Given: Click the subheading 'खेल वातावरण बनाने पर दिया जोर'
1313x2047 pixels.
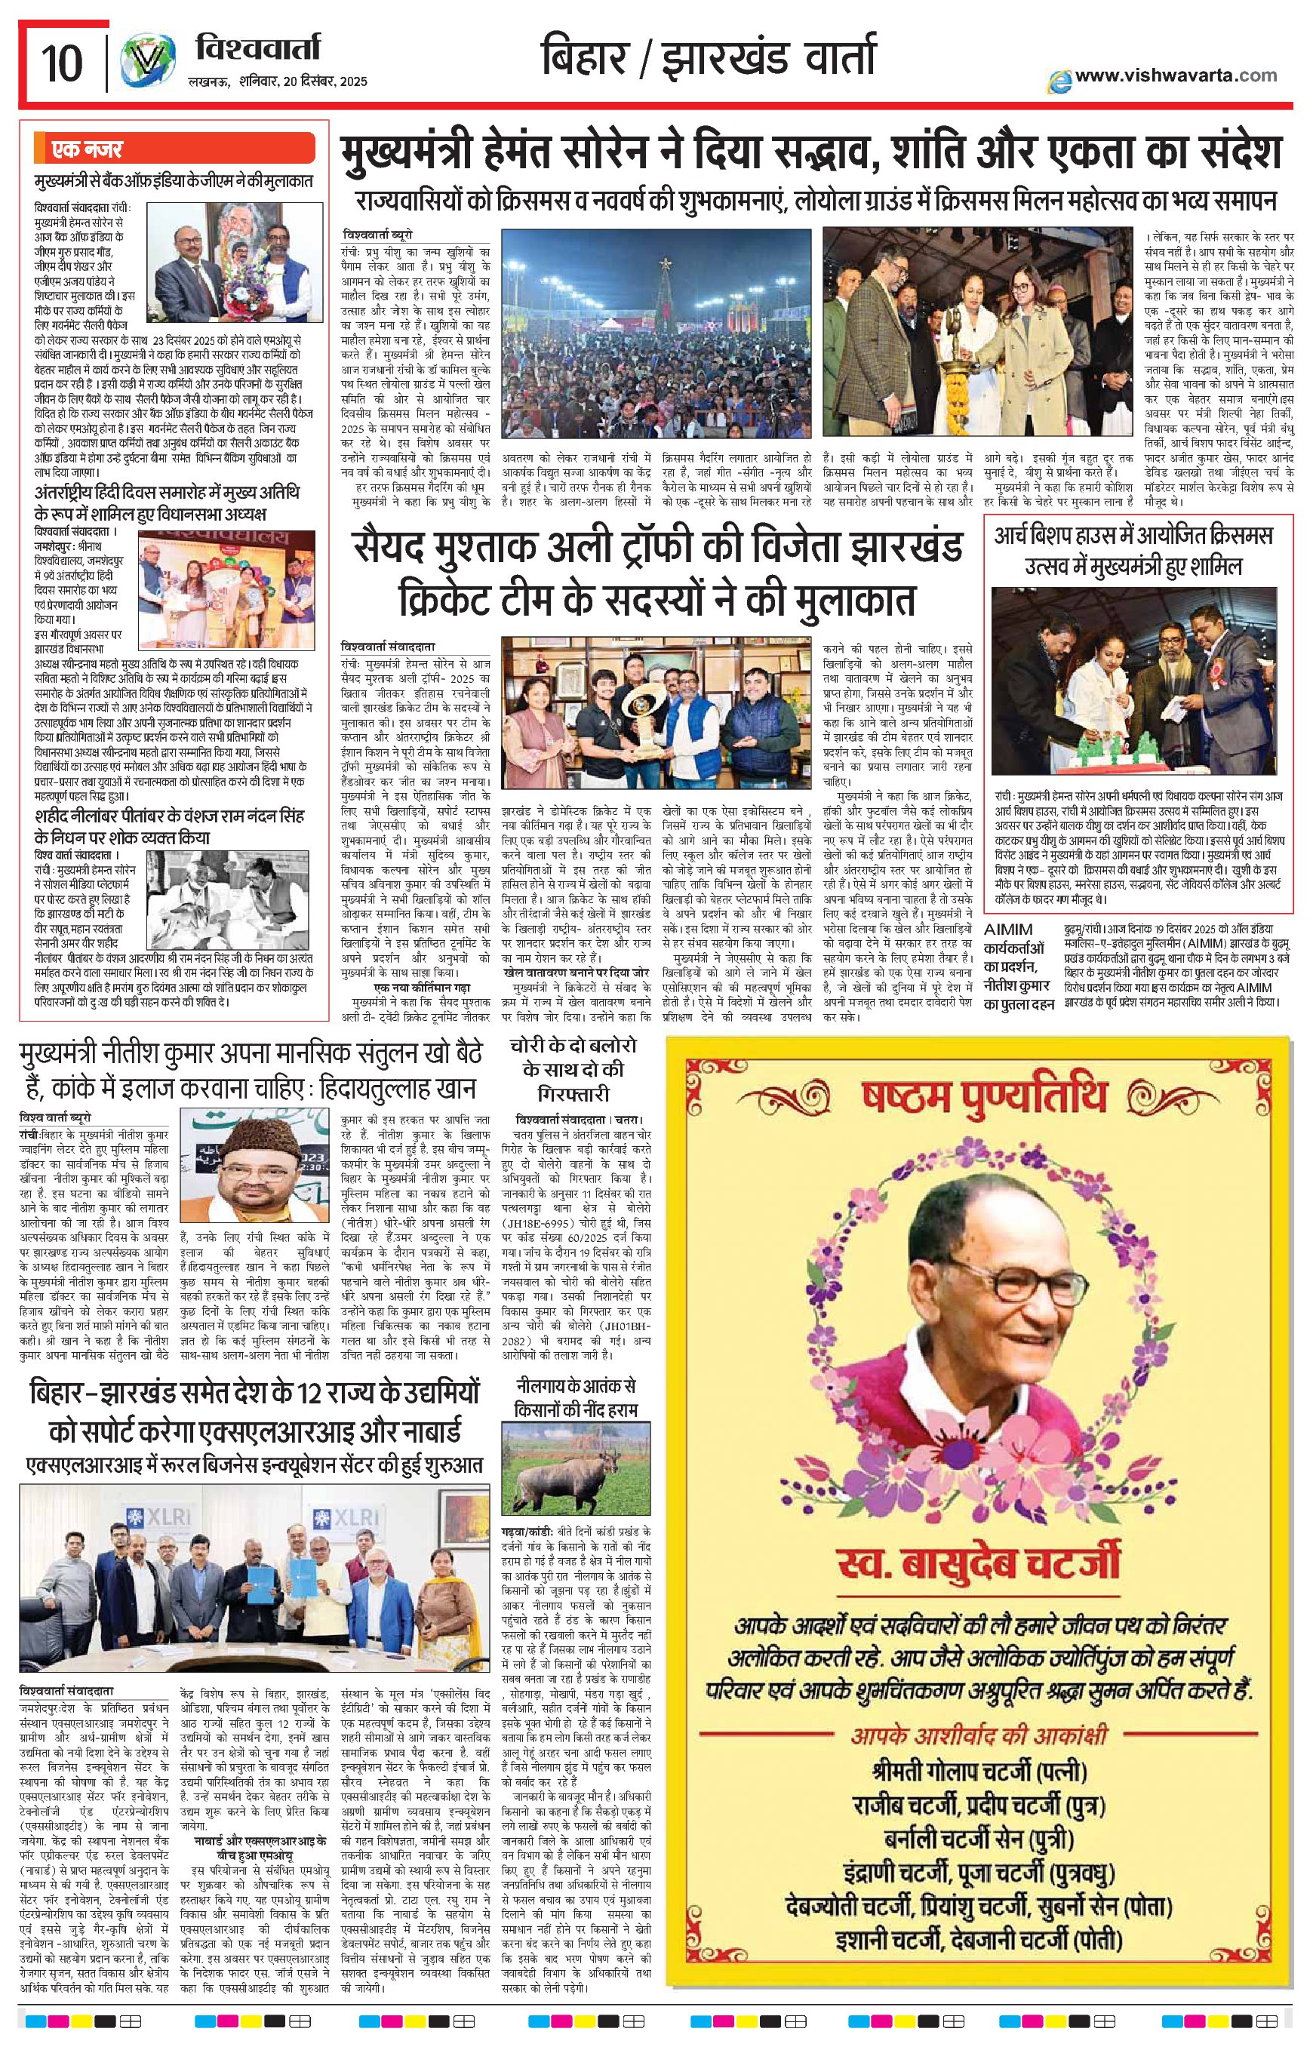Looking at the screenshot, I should pyautogui.click(x=577, y=971).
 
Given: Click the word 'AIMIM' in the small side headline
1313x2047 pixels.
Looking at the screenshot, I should pyautogui.click(x=1008, y=929).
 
